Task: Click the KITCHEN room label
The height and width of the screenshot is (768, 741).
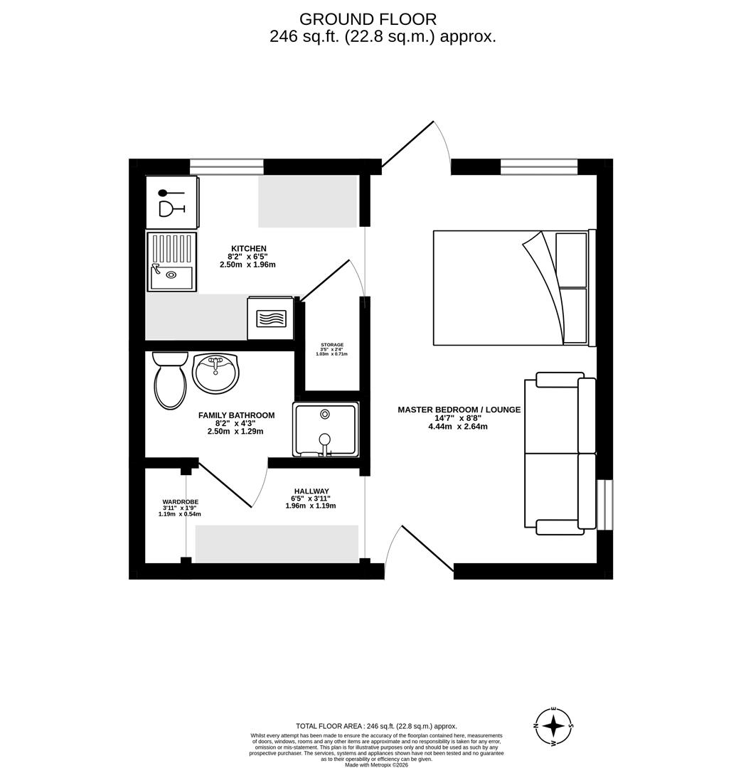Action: [248, 248]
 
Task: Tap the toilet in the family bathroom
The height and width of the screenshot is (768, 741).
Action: [170, 382]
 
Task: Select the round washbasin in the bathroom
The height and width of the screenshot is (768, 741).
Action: [215, 373]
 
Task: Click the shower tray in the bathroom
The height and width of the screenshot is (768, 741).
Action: [325, 430]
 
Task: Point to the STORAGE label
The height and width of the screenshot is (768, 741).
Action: [332, 345]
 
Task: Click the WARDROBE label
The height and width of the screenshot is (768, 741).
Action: [180, 501]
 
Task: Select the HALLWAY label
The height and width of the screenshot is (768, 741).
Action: [311, 491]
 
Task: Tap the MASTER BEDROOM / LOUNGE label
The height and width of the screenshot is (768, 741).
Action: [459, 410]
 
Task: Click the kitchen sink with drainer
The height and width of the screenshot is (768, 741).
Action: [171, 261]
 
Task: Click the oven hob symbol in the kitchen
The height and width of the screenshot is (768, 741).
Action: [270, 318]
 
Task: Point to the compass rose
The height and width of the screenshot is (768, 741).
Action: [553, 727]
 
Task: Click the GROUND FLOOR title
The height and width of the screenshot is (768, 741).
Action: [368, 19]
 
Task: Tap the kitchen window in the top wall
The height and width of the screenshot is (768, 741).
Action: [226, 167]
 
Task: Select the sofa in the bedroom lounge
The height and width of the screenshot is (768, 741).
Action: [560, 453]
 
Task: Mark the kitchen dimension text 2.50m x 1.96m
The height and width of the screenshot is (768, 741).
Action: [247, 265]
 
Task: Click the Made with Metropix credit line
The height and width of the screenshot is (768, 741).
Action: [376, 764]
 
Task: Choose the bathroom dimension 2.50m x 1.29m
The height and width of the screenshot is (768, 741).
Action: [235, 432]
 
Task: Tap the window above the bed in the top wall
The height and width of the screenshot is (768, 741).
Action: [538, 167]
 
